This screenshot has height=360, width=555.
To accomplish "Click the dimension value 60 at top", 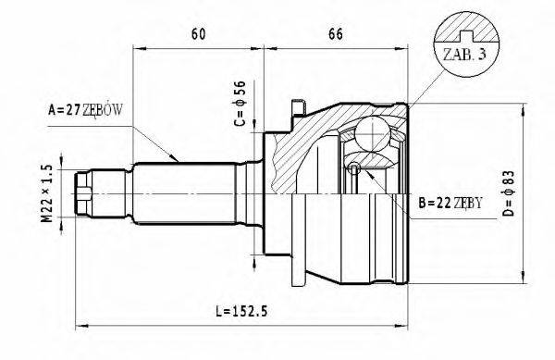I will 197,34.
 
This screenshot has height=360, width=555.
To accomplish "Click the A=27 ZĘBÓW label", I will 84,110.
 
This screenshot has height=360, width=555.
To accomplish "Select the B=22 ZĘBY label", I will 450,201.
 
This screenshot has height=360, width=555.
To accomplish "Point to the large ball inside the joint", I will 374,131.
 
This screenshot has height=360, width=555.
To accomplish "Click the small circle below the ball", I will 355,168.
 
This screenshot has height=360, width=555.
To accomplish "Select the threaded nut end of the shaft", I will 85,192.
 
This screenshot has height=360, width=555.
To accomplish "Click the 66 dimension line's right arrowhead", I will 406,45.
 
